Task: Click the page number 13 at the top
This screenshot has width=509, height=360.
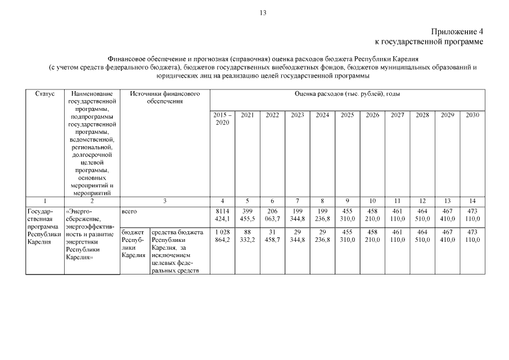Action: (263, 13)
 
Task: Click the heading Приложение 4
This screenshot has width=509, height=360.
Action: (457, 32)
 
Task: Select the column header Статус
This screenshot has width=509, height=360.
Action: (45, 94)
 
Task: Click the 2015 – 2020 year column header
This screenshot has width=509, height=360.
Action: (222, 119)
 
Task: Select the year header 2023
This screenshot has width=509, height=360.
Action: (298, 115)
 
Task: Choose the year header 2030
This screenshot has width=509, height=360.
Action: (472, 115)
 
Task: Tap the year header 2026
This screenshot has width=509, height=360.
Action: (372, 115)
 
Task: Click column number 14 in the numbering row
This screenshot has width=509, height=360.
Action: (472, 201)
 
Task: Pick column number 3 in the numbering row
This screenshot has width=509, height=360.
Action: (165, 201)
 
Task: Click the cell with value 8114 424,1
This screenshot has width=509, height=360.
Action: (222, 215)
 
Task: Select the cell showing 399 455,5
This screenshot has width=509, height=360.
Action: (247, 215)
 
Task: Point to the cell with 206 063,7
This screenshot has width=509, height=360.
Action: (272, 215)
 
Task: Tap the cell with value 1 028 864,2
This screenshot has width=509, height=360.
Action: (222, 236)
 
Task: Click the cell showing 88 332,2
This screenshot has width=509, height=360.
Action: (247, 236)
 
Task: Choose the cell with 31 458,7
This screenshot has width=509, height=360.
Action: (272, 236)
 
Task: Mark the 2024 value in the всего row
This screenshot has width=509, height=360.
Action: (322, 215)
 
